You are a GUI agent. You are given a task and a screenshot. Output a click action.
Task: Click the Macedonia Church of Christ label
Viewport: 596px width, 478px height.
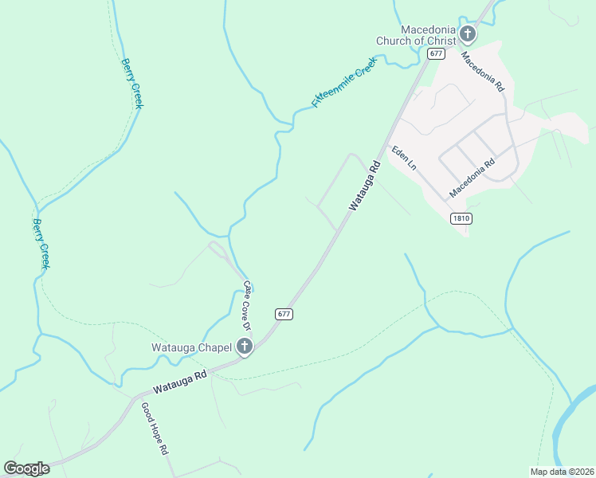[x=418, y=35]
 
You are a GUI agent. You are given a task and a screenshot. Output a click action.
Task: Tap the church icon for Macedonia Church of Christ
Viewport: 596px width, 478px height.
[x=468, y=34]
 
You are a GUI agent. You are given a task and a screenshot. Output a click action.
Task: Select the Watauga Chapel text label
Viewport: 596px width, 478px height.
[x=192, y=347]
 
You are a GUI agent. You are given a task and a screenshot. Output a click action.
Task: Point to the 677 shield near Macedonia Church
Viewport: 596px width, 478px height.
[x=435, y=53]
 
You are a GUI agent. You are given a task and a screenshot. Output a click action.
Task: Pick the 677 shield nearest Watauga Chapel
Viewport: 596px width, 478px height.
[x=284, y=314]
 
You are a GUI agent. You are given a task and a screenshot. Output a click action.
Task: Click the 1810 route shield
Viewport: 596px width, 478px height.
[x=460, y=218]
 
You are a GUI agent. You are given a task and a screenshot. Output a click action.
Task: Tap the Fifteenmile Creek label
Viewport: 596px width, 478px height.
[x=343, y=83]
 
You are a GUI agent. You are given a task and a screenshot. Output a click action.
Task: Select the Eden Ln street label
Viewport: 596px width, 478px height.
[x=403, y=158]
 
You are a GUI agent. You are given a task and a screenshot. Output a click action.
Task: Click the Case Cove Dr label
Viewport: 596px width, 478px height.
[x=247, y=307]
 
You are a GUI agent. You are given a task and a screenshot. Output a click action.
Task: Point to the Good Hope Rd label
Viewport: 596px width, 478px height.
[x=155, y=428]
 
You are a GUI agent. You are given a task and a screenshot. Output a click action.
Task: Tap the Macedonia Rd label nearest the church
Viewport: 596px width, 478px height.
[x=483, y=71]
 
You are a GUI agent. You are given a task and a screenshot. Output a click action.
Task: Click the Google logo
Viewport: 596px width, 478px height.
[x=26, y=468]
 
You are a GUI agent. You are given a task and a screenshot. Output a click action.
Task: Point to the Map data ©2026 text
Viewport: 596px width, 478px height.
[x=563, y=472]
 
